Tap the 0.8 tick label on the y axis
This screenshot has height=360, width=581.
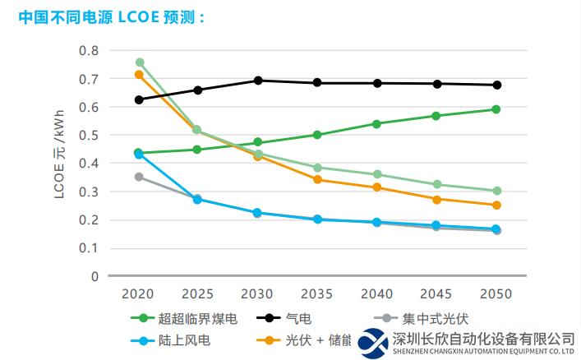pyautogui.click(x=88, y=51)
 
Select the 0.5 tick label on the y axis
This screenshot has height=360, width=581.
pyautogui.click(x=88, y=136)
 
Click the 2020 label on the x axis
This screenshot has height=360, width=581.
pyautogui.click(x=139, y=293)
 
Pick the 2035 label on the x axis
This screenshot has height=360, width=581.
pyautogui.click(x=317, y=293)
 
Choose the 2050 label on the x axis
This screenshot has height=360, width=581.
pyautogui.click(x=496, y=293)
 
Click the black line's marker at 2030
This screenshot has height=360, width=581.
pyautogui.click(x=258, y=81)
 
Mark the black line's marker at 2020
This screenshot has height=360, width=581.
pyautogui.click(x=139, y=99)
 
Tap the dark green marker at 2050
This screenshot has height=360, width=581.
pyautogui.click(x=496, y=109)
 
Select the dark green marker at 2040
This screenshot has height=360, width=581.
pyautogui.click(x=376, y=124)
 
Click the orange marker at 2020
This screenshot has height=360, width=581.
pyautogui.click(x=139, y=75)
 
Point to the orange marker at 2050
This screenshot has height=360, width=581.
pyautogui.click(x=496, y=205)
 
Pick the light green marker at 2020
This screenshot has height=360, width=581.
pyautogui.click(x=140, y=62)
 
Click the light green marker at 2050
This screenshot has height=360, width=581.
pyautogui.click(x=496, y=191)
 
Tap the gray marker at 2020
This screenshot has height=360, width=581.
pyautogui.click(x=139, y=177)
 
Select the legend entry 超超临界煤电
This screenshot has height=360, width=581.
pyautogui.click(x=188, y=318)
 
